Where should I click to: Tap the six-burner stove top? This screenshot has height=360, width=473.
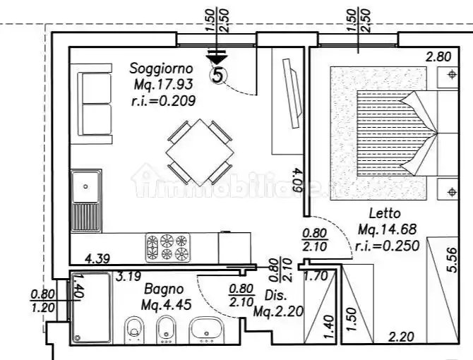[x=167, y=247]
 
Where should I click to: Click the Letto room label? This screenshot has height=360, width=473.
[x=385, y=213]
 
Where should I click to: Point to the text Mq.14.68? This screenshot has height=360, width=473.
[x=388, y=229]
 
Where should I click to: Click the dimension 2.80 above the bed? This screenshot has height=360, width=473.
[x=438, y=76]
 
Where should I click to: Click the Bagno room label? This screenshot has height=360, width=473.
[x=164, y=289]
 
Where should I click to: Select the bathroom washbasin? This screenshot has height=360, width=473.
[x=207, y=328]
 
